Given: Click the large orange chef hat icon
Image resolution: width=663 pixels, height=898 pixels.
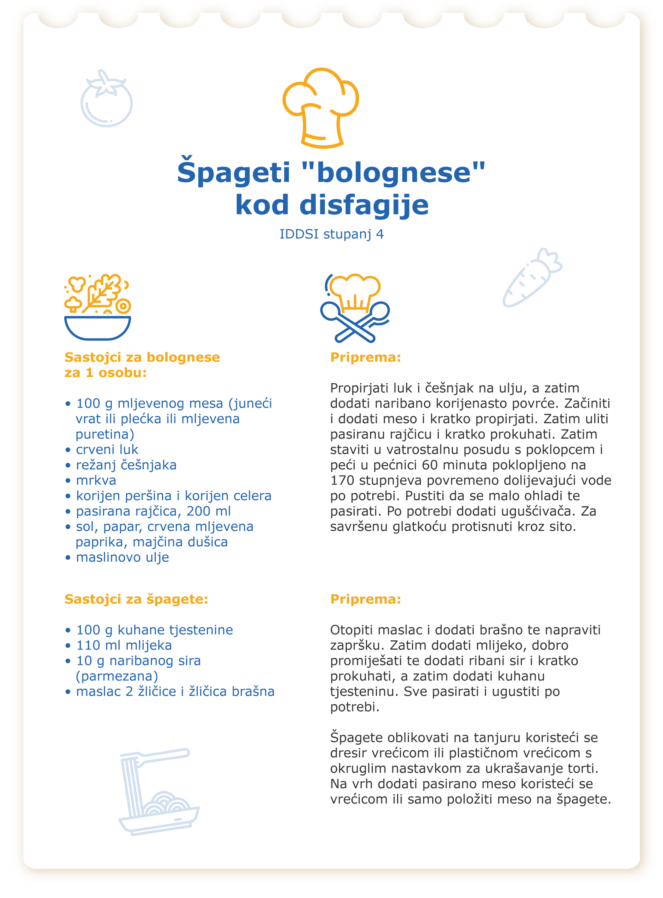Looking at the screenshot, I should pos(321,108).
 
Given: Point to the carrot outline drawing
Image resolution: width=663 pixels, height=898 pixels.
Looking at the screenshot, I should pos(532,278).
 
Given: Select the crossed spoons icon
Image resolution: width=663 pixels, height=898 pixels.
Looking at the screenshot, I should pos(355,309).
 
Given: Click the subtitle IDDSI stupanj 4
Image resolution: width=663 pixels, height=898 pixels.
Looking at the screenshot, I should pos(331,234).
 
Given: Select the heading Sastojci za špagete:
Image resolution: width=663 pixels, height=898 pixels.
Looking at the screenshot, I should pos(136,599).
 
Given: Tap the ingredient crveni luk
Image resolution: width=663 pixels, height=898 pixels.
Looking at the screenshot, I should pos(107,449).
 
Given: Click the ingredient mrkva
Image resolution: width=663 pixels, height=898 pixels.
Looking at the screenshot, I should pos(96,480).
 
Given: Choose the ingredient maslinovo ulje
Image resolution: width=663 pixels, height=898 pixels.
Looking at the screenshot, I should pos(122,557).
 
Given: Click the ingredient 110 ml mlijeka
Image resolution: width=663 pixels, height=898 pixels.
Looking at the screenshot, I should pos(124,645).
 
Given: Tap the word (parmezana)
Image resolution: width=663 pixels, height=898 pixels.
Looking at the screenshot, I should pos(117,676).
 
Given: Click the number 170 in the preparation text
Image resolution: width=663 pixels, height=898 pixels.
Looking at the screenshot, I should pos(342,480).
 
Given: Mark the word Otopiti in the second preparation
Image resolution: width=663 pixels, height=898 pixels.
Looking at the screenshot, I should pos(352,630).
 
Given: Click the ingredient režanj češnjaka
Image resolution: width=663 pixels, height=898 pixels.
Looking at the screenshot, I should pos(126,465).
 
